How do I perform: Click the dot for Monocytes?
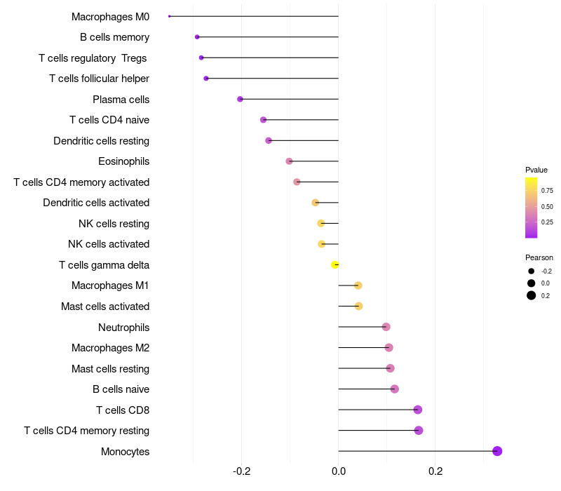[497, 451]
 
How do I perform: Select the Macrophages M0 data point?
[170, 16]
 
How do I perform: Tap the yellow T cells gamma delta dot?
[335, 264]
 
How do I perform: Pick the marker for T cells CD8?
[418, 410]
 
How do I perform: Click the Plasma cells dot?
[240, 99]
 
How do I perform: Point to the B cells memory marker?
[197, 36]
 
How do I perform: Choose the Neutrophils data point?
[386, 327]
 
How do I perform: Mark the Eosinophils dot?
[289, 161]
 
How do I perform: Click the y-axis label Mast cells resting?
[110, 368]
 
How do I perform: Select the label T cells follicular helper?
[99, 79]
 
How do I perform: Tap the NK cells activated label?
[109, 244]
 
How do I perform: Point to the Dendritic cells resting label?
[101, 141]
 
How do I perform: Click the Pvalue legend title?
[536, 170]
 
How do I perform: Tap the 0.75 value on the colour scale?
[547, 190]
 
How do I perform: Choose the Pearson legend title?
[539, 257]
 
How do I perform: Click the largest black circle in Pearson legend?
[532, 295]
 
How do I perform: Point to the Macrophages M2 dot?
[389, 347]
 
